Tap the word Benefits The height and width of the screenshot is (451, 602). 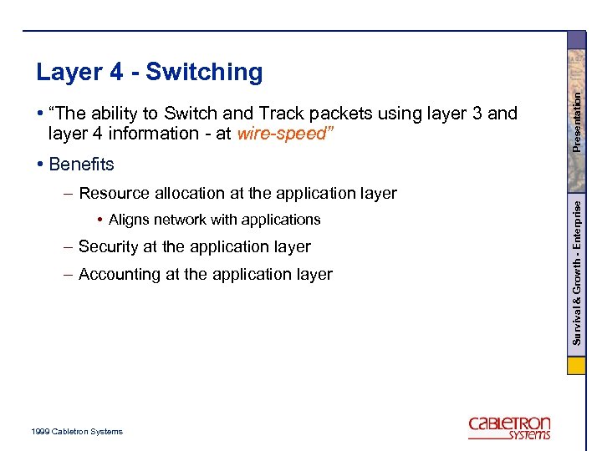point(81,165)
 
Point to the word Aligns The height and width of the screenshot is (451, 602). point(127,220)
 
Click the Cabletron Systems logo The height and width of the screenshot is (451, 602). point(509,427)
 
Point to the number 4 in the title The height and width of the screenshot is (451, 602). point(117,73)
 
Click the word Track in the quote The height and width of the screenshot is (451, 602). point(283,114)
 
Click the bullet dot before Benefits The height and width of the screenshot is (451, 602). point(40,165)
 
